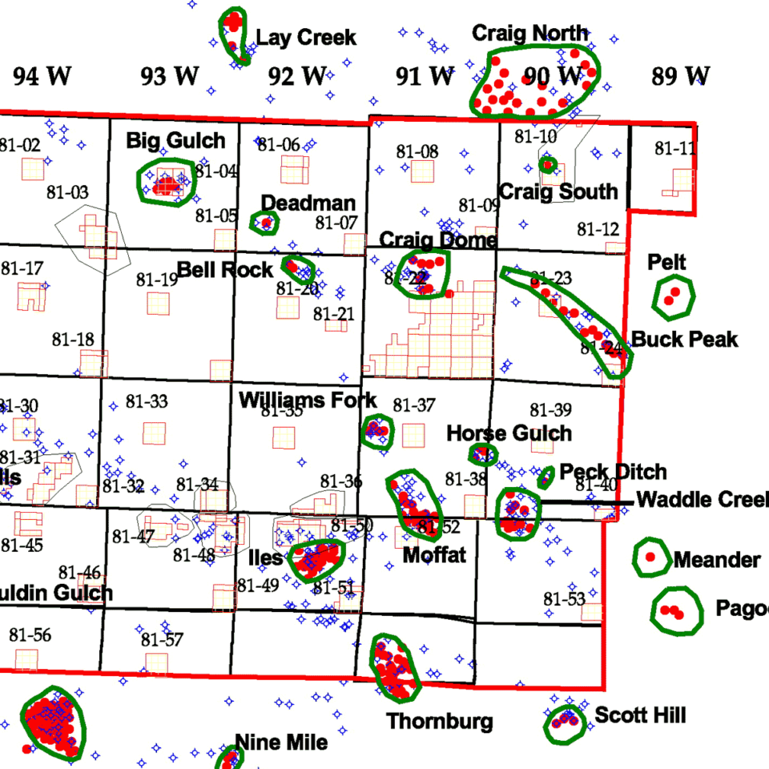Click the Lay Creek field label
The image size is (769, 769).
[x=306, y=38]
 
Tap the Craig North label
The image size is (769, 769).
[x=529, y=34]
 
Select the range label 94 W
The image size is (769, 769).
[x=42, y=77]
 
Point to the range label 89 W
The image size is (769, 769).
[x=680, y=77]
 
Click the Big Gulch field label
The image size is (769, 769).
[x=175, y=142]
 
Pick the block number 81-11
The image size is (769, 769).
[x=674, y=148]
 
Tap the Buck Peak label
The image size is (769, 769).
[x=685, y=340]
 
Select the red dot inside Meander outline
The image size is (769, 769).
[x=650, y=556]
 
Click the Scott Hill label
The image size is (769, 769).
[x=640, y=715]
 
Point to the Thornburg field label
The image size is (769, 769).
[x=440, y=721]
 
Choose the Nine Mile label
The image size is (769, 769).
[x=280, y=743]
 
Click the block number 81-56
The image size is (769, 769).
[x=30, y=635]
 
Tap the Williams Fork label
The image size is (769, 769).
[x=308, y=401]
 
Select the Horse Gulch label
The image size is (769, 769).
[x=509, y=434]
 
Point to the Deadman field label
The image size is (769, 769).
[x=308, y=203]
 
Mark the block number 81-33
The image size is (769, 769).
[x=147, y=401]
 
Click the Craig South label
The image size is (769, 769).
[x=558, y=191]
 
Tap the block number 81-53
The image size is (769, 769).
[x=564, y=599]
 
